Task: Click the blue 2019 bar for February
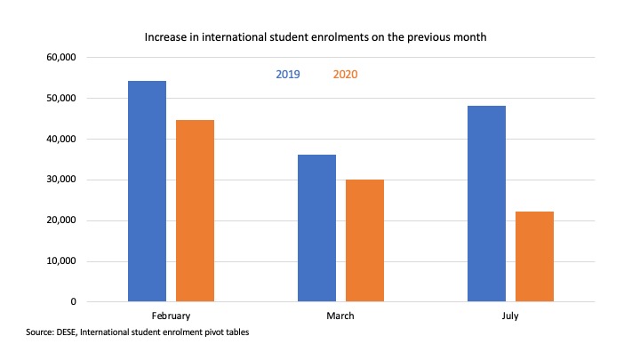[147, 191]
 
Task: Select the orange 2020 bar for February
[195, 211]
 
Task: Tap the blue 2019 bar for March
[316, 228]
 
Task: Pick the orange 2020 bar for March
[364, 241]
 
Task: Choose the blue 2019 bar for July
[486, 204]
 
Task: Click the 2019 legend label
[287, 75]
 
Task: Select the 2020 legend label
[346, 75]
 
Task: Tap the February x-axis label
[171, 316]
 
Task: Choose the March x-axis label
[340, 316]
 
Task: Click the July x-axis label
[510, 316]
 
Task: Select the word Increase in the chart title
[166, 38]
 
